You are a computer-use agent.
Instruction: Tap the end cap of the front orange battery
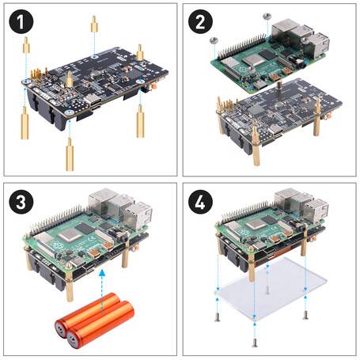(74, 341)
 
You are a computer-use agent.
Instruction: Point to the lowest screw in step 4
(253, 341)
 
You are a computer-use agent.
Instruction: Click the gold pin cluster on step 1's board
(36, 76)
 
